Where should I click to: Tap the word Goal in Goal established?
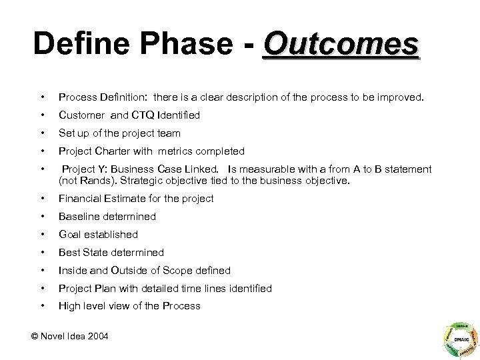70,234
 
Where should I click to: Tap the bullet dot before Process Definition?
42,97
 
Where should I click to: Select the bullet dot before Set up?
42,133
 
